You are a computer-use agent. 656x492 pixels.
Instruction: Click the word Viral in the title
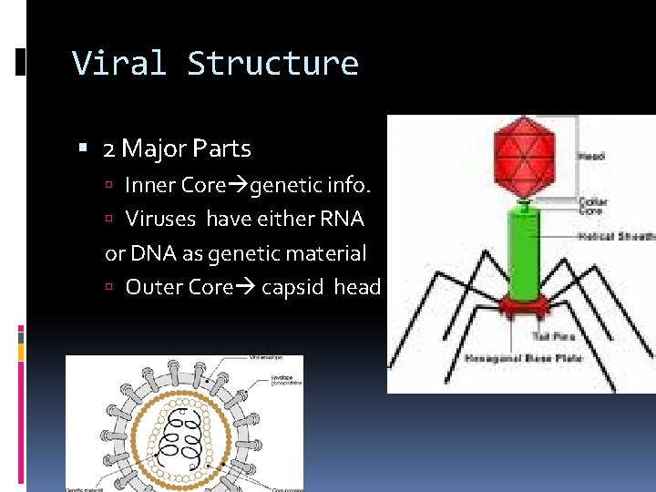tap(119, 63)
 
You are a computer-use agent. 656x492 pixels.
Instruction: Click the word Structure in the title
tap(272, 63)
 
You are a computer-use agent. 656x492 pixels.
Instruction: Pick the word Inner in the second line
tap(151, 185)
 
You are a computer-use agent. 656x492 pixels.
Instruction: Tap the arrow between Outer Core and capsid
tap(246, 288)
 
